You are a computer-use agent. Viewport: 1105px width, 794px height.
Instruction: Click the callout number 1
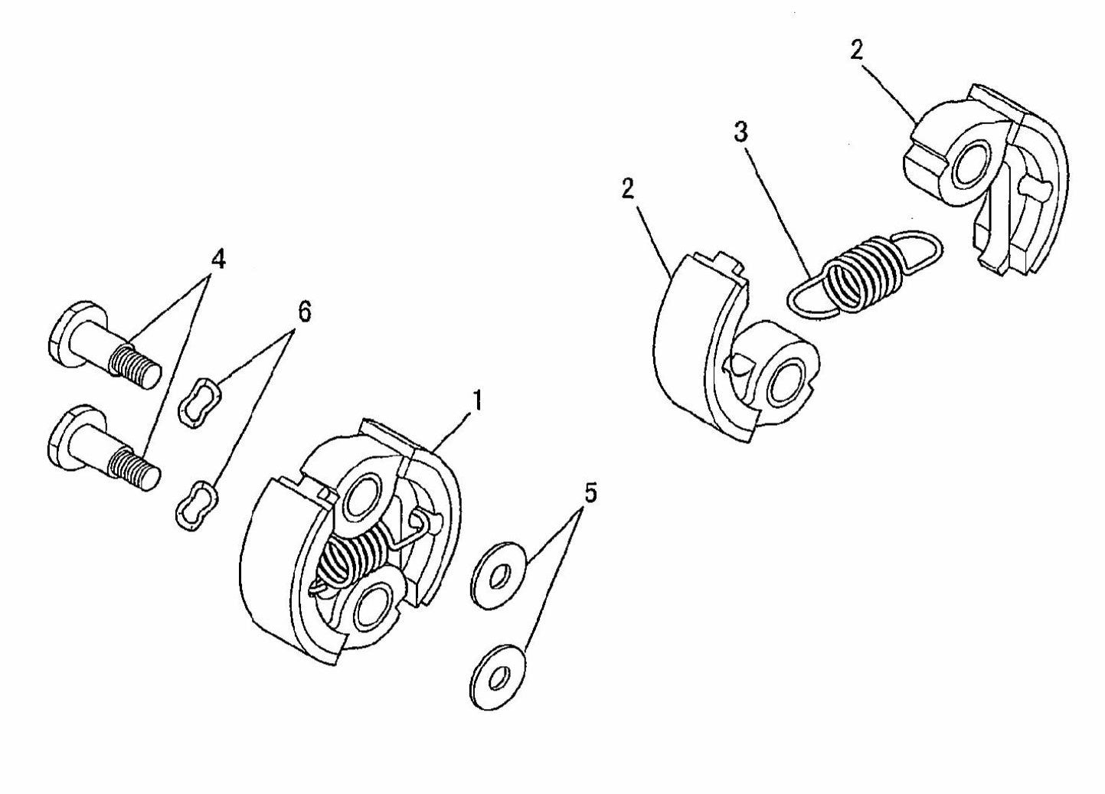pyautogui.click(x=476, y=400)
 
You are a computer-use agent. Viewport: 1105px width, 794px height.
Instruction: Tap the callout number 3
pyautogui.click(x=740, y=132)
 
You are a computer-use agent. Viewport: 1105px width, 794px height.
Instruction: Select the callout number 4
pyautogui.click(x=218, y=260)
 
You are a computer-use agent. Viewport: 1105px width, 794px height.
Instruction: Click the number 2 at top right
pyautogui.click(x=856, y=50)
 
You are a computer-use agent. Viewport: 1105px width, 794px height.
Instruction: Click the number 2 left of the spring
pyautogui.click(x=628, y=190)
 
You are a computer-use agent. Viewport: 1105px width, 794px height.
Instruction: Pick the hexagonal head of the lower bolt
pyautogui.click(x=67, y=440)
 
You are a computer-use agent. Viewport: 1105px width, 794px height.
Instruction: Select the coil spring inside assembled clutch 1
pyautogui.click(x=348, y=559)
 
